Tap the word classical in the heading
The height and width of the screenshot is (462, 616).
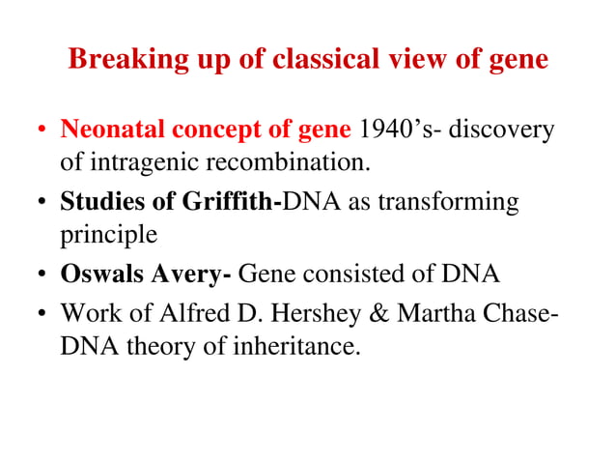click(x=322, y=60)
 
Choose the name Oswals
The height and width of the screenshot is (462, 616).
click(x=101, y=274)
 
